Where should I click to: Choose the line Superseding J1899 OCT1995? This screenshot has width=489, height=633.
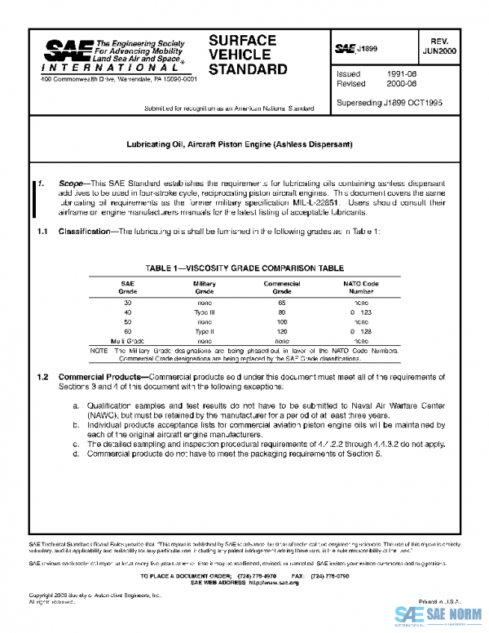click(x=390, y=103)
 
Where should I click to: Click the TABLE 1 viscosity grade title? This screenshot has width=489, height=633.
click(x=244, y=268)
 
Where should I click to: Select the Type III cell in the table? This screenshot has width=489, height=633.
click(x=204, y=312)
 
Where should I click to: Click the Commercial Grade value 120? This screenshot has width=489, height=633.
click(x=282, y=332)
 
